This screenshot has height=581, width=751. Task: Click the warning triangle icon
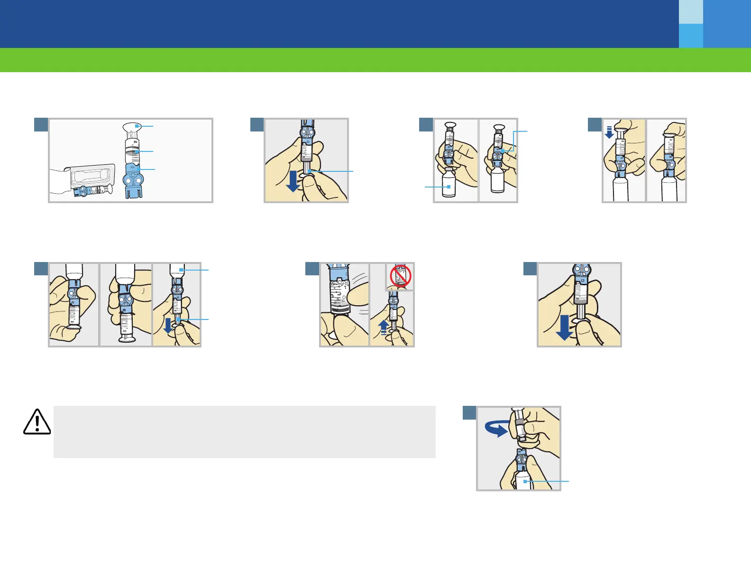coord(37,422)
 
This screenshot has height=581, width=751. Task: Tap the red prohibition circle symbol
coord(400,276)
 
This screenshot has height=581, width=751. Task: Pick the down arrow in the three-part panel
coord(168,326)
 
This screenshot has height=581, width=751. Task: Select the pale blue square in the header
coord(691,12)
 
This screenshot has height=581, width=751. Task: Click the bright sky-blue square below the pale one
coord(691,36)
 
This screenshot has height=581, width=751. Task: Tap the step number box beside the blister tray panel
coord(41,124)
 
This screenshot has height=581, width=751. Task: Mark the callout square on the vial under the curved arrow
coord(525,481)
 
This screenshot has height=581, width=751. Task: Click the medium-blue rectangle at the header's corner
coord(727,24)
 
